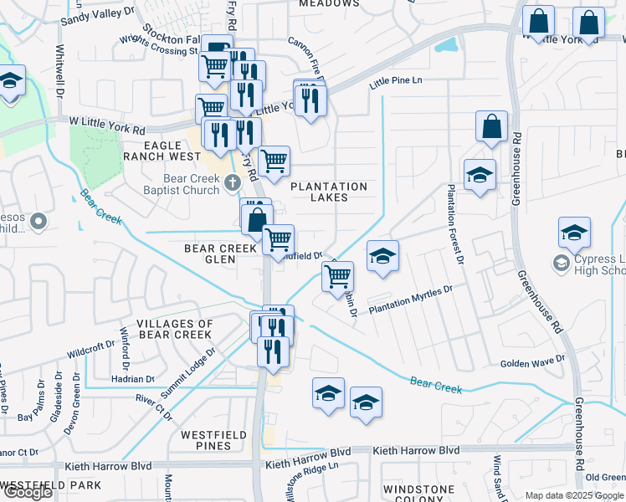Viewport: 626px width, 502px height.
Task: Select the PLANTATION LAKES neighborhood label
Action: [329, 192]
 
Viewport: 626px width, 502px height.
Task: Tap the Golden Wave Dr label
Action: [533, 362]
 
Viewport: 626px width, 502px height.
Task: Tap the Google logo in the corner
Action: [27, 492]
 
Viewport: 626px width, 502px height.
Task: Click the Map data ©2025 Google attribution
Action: [574, 495]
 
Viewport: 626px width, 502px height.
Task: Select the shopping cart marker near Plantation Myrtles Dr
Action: [338, 275]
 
